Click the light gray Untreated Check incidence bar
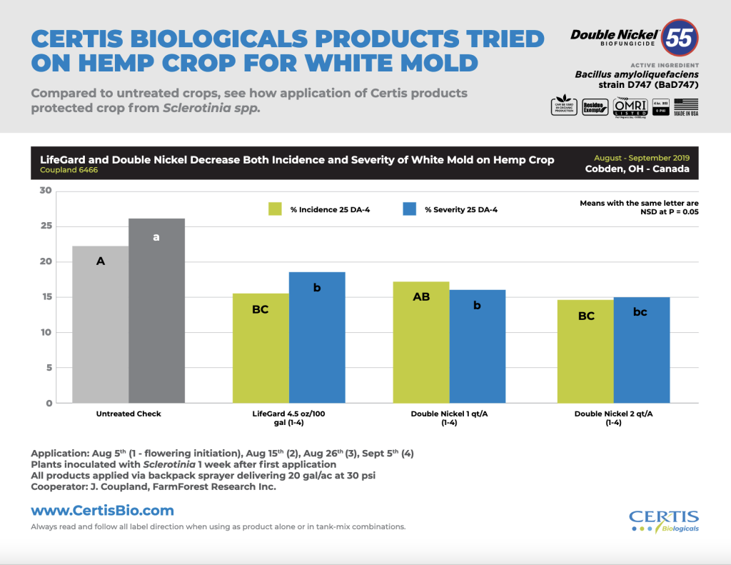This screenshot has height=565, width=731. [101, 325]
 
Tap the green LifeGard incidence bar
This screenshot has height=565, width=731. [261, 349]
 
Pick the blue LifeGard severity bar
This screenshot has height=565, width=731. [317, 338]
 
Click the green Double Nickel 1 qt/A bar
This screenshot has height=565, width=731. [421, 343]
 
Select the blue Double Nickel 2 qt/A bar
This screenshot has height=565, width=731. [641, 350]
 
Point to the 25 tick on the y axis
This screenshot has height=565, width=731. [46, 226]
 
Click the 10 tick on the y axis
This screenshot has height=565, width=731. [46, 332]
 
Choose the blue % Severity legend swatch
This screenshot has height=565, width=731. [409, 209]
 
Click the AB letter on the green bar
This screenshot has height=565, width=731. [421, 296]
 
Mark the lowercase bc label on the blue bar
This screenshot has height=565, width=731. [640, 312]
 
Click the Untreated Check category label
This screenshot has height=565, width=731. [128, 414]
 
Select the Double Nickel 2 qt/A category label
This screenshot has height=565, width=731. [612, 418]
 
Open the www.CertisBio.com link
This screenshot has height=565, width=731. [102, 511]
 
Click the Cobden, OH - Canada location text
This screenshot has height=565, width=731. [637, 169]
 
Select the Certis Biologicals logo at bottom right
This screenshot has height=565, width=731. [663, 521]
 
